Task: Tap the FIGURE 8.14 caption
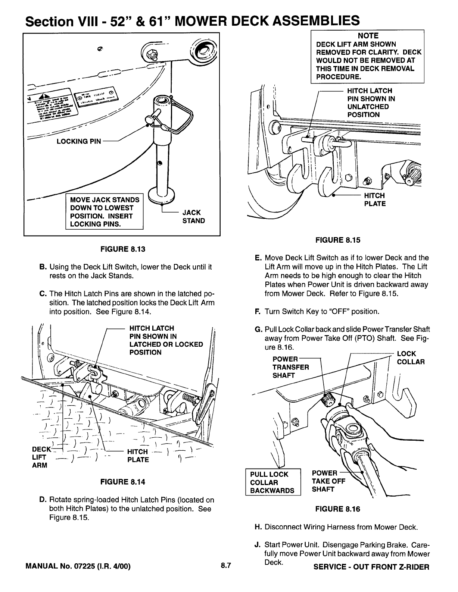click(x=122, y=482)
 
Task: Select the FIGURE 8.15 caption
click(x=338, y=240)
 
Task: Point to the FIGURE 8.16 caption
click(x=338, y=509)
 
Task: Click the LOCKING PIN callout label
click(x=78, y=142)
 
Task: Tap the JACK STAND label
click(x=193, y=217)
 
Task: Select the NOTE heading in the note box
click(x=368, y=36)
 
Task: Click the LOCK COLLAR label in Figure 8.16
click(x=411, y=358)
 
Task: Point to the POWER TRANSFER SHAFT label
click(x=291, y=367)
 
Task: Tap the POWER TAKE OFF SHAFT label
click(x=328, y=481)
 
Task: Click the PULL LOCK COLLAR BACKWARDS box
click(x=272, y=482)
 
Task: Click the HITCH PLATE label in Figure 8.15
click(x=375, y=200)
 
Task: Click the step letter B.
click(x=42, y=267)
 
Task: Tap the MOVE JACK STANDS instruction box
click(x=105, y=212)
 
